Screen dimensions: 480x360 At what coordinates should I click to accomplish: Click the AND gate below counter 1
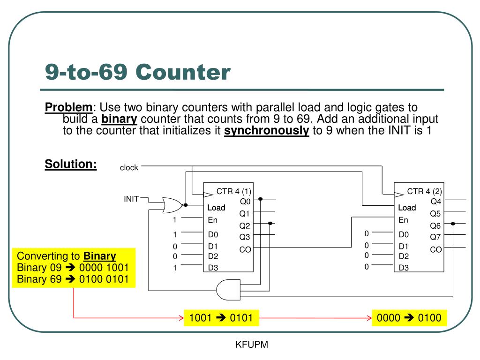[228, 290]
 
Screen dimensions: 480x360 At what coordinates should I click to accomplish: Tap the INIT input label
[131, 199]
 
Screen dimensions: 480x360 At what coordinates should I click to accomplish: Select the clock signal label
[129, 168]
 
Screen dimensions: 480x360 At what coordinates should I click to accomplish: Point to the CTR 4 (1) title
[234, 191]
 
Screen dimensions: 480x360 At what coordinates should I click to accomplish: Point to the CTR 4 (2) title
[424, 191]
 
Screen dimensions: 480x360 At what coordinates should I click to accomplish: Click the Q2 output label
[245, 226]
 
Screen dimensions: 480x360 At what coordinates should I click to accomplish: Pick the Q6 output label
[435, 226]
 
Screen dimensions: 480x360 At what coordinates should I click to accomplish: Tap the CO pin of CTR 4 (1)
[245, 249]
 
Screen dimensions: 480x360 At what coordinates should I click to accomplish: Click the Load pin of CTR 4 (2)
[407, 208]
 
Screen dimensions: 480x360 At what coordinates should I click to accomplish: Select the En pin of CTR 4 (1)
[212, 220]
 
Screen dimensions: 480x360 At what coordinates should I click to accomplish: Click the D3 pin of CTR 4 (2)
[404, 268]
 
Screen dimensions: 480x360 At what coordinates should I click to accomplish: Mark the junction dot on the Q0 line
[261, 199]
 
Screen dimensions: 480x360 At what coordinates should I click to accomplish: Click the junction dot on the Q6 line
[453, 224]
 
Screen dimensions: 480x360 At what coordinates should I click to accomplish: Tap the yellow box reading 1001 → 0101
[221, 318]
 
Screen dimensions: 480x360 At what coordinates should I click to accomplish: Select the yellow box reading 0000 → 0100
[409, 318]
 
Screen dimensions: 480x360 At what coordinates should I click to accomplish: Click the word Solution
[71, 164]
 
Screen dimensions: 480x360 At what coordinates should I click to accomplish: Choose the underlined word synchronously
[267, 131]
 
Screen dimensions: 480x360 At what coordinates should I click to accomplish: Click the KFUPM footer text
[252, 345]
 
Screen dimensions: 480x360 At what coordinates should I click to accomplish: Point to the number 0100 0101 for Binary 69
[104, 279]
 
